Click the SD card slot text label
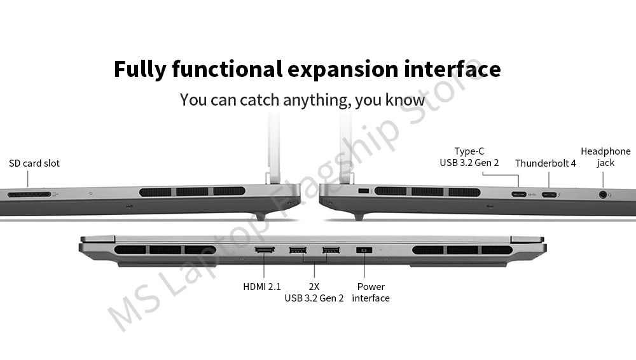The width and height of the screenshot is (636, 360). [x=34, y=163]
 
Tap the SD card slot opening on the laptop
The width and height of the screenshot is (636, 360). [x=29, y=193]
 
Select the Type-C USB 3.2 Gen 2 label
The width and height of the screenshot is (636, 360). [x=469, y=157]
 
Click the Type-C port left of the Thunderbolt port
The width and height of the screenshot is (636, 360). [x=518, y=194]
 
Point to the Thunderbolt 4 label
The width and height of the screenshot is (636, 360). [x=545, y=163]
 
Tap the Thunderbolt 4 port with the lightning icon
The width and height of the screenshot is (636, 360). [x=549, y=194]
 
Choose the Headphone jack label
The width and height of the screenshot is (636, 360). [x=605, y=157]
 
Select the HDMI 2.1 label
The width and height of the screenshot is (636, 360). [x=262, y=287]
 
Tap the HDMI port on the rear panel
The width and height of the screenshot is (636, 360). [x=265, y=250]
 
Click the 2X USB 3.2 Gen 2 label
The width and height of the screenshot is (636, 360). [x=314, y=293]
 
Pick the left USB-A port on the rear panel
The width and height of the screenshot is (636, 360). [x=297, y=250]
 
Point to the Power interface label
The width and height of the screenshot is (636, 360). [x=371, y=293]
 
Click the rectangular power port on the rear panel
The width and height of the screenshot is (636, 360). [x=364, y=251]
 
